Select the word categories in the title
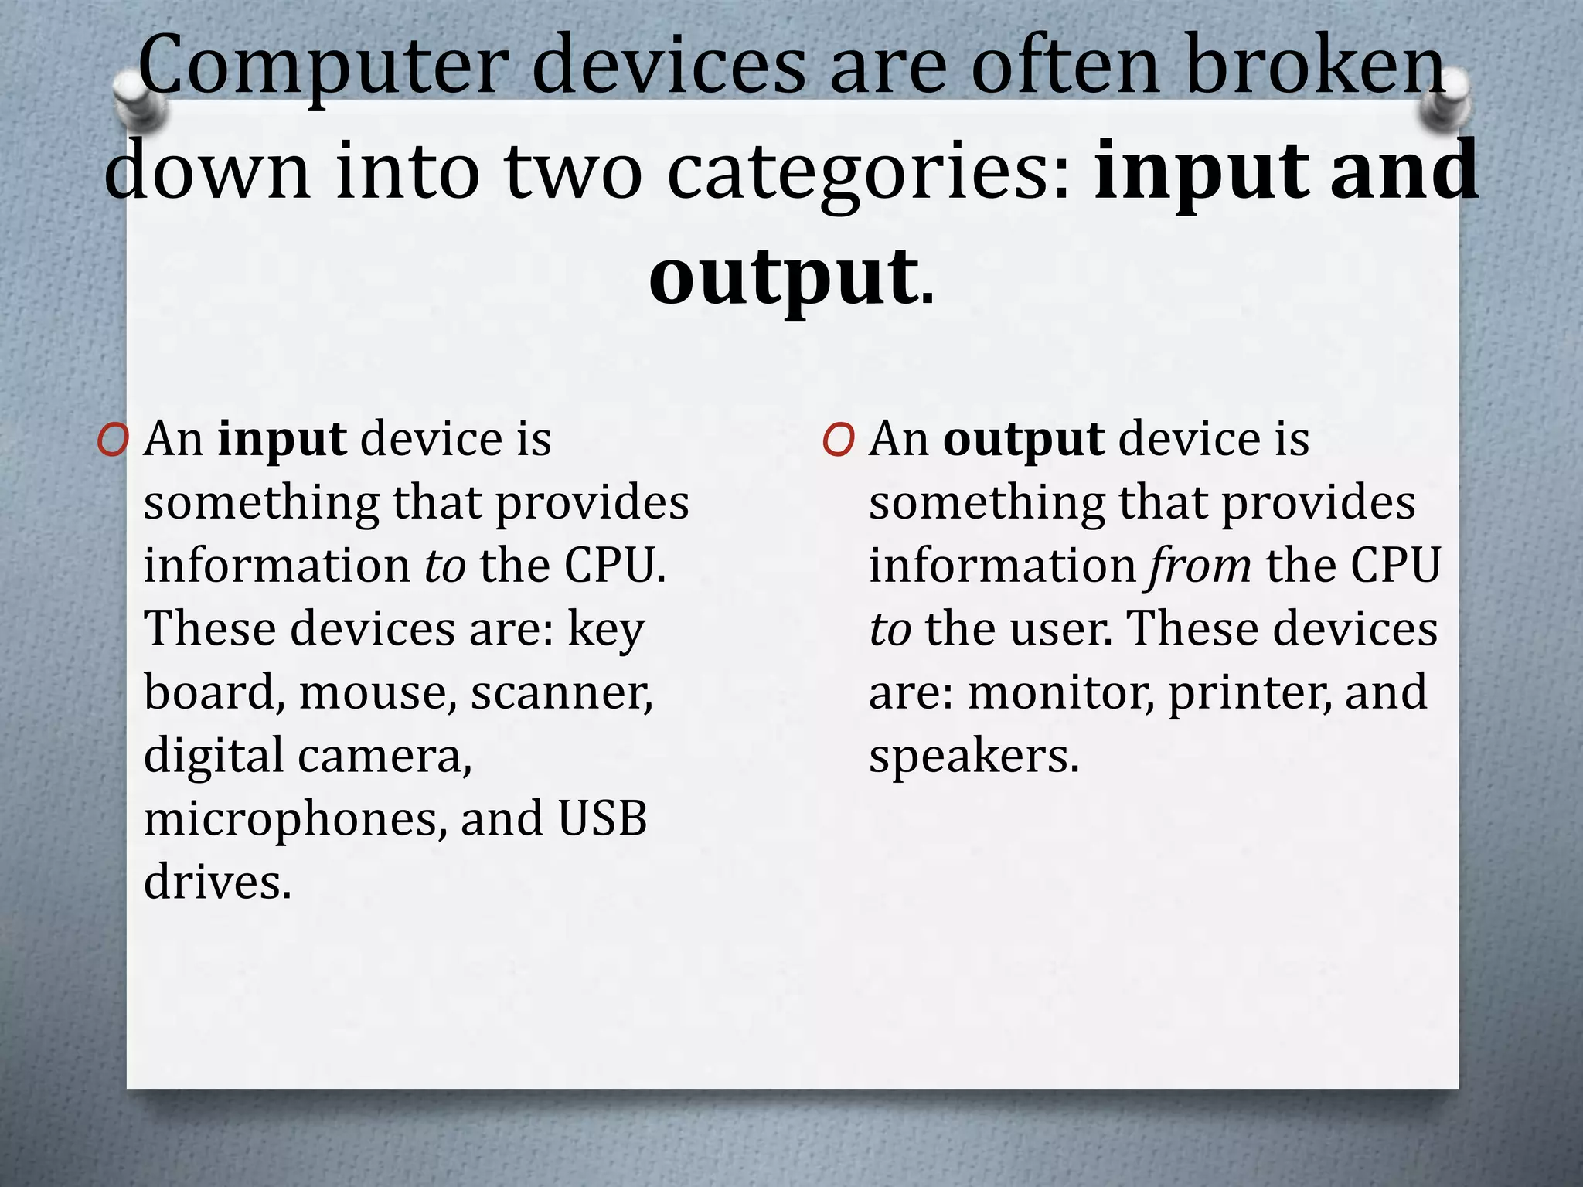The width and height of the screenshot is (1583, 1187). tap(869, 172)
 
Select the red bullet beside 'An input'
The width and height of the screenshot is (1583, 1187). tap(113, 441)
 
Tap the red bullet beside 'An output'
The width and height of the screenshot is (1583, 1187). tap(839, 441)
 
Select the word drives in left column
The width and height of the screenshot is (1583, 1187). tap(217, 882)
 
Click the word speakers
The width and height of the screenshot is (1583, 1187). tap(973, 757)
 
